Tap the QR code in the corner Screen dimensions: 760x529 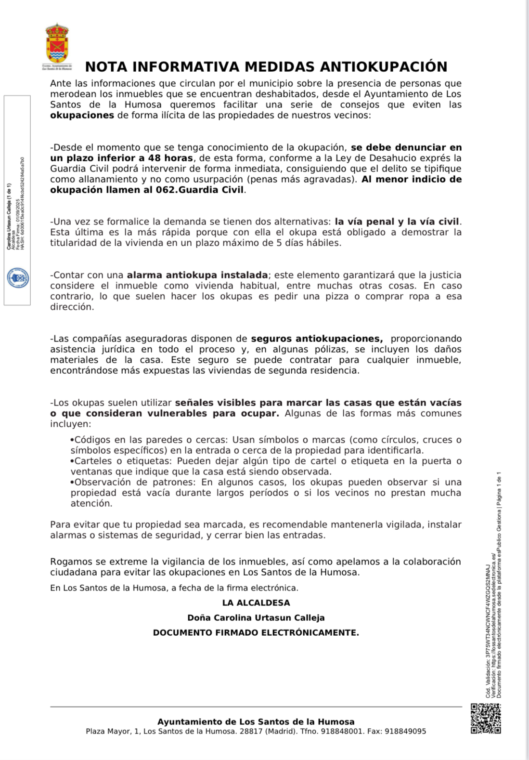point(486,718)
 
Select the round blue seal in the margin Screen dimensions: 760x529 point(18,278)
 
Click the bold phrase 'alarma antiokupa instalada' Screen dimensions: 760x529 point(197,275)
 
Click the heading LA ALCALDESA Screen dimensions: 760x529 point(256,603)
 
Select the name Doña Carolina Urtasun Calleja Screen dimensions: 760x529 point(256,617)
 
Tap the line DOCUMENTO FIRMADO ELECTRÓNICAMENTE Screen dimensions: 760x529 point(256,632)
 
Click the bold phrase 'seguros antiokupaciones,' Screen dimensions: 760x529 point(317,339)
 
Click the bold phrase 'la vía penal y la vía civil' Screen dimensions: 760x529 point(397,222)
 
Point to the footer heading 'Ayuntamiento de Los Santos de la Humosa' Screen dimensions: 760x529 point(256,721)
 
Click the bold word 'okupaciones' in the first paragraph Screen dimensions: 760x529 point(82,115)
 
